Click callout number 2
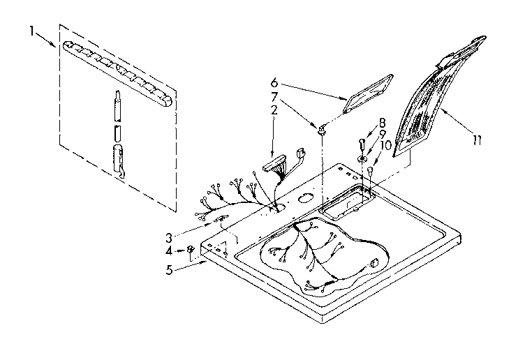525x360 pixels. point(274,110)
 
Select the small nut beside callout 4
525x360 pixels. point(190,250)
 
